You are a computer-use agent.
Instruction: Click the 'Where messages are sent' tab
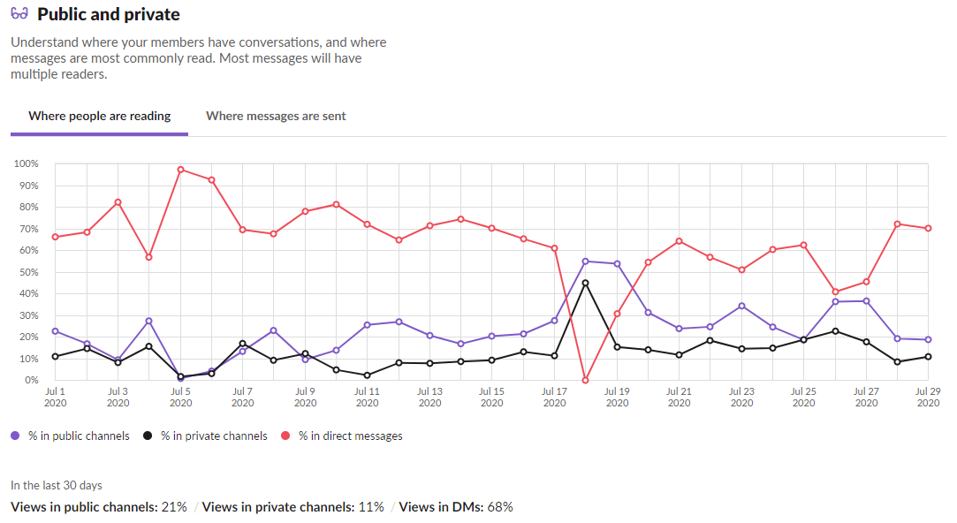[276, 116]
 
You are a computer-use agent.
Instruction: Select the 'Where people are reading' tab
[100, 116]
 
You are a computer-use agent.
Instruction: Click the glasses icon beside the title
[19, 14]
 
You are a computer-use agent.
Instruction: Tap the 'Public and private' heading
[109, 14]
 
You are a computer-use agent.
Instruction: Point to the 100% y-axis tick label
[27, 164]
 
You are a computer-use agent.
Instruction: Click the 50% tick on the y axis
[28, 272]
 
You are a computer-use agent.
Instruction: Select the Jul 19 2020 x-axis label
[617, 397]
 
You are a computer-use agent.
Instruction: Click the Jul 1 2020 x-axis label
[56, 397]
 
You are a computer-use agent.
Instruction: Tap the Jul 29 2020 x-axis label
[928, 397]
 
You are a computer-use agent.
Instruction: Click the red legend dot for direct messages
[286, 436]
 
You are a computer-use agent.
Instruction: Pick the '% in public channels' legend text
[79, 436]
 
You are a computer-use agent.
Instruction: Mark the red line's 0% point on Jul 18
[585, 380]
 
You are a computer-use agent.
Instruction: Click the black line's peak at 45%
[585, 283]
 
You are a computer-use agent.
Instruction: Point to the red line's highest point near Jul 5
[180, 170]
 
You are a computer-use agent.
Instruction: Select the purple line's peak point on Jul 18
[585, 261]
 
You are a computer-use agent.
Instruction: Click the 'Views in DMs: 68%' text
[456, 507]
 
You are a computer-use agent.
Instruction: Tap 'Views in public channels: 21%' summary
[99, 507]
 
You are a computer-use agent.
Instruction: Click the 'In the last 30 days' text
[57, 485]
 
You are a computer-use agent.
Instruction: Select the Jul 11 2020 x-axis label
[368, 397]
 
